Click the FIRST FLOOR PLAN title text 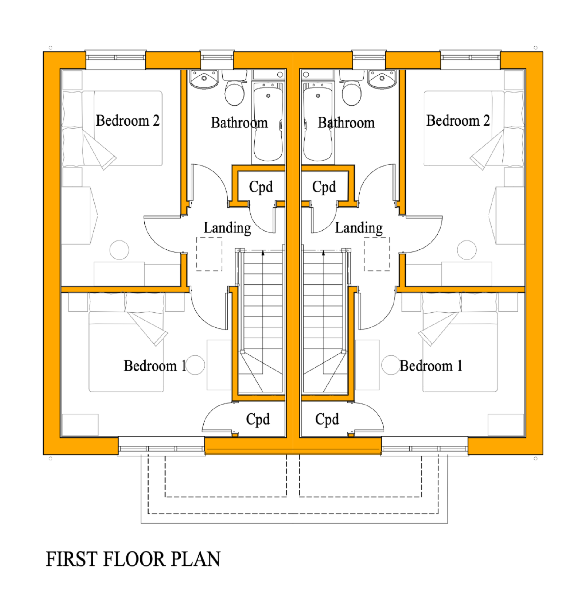(133, 559)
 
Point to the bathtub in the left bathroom (268, 123)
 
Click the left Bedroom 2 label (127, 120)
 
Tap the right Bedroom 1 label (431, 366)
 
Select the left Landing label (227, 228)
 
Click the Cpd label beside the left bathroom (261, 186)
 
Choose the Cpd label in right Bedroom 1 (327, 419)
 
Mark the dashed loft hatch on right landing (377, 254)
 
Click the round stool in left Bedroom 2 (119, 250)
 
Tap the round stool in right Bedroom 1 (391, 365)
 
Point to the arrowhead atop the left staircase (263, 253)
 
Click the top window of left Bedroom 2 (116, 57)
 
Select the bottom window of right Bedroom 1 (424, 449)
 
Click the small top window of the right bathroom (369, 57)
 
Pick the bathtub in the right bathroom (318, 123)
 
